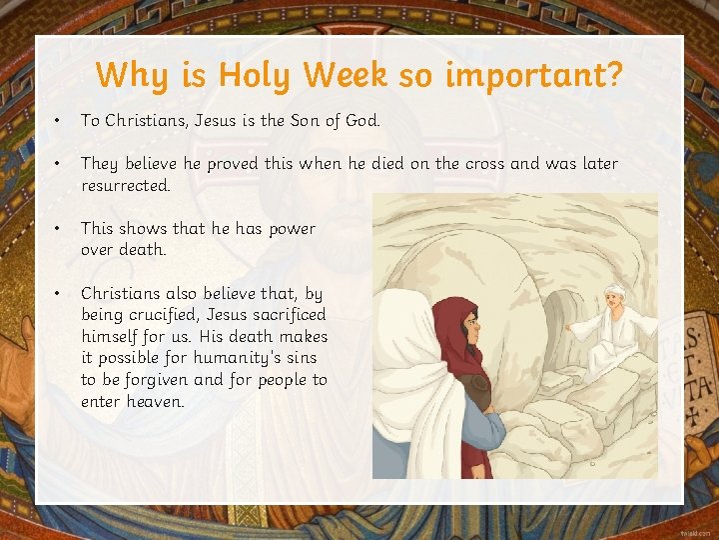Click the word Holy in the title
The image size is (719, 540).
pyautogui.click(x=256, y=75)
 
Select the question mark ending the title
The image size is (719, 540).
pyautogui.click(x=612, y=75)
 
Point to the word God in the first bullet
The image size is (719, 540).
pyautogui.click(x=361, y=120)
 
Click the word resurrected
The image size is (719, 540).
pyautogui.click(x=126, y=185)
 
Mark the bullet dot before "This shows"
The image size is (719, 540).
pyautogui.click(x=60, y=229)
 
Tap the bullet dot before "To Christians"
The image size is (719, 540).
pyautogui.click(x=60, y=120)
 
